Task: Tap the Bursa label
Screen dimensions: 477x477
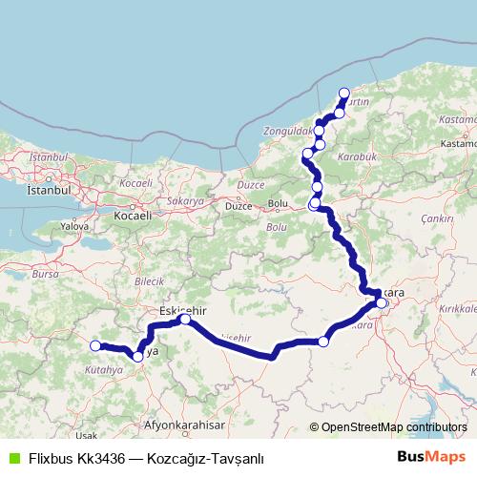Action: point(46,274)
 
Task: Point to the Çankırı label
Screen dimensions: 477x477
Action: point(440,218)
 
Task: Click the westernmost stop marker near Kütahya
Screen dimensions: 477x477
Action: point(95,345)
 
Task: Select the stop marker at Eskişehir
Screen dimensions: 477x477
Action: point(185,320)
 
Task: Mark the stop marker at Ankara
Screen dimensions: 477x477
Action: point(382,304)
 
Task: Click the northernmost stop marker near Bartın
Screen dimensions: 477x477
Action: point(344,93)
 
